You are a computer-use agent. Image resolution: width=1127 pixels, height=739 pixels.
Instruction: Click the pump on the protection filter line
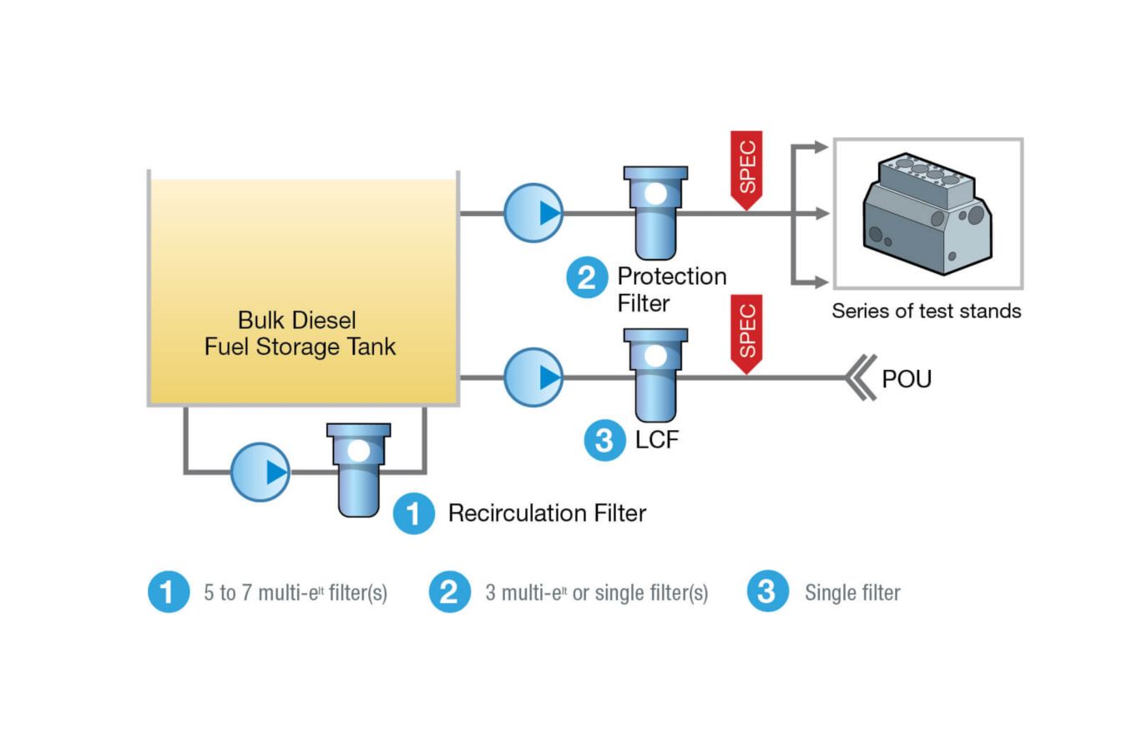[533, 213]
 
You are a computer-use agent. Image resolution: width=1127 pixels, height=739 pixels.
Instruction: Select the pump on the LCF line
[533, 377]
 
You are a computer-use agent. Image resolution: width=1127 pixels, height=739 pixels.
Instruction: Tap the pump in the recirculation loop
[260, 472]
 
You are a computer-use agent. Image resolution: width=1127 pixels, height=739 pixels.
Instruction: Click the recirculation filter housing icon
[358, 469]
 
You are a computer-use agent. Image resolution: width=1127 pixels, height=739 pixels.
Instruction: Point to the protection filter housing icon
[655, 212]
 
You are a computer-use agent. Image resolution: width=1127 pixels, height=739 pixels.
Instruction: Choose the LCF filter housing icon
[655, 375]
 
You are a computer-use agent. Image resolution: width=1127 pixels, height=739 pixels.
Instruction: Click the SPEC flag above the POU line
[746, 333]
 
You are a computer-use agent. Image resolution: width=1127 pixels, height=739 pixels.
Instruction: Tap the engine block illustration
[927, 215]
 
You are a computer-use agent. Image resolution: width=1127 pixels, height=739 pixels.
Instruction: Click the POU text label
[907, 379]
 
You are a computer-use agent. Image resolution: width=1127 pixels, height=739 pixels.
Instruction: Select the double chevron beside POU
[861, 378]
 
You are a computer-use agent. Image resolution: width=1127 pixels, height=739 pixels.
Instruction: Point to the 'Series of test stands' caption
[926, 311]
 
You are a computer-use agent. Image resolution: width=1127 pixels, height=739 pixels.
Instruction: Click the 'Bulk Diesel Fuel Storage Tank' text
[300, 333]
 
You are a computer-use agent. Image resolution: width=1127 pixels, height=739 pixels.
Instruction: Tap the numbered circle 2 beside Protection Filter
[587, 277]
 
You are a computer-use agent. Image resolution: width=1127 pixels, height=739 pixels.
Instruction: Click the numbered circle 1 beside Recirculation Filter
[414, 513]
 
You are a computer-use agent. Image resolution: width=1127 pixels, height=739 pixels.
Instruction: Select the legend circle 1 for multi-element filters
[169, 592]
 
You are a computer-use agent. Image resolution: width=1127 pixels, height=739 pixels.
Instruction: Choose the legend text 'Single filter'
[852, 593]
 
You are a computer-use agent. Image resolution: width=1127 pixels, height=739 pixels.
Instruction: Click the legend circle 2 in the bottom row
[450, 592]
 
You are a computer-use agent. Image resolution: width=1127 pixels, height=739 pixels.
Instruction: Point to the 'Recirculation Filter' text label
[547, 513]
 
